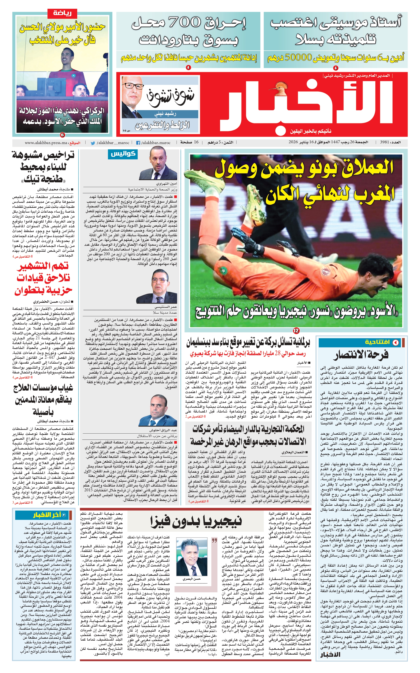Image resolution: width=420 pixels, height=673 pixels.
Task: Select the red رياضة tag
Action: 63,13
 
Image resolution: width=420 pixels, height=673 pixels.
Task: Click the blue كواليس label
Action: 123,154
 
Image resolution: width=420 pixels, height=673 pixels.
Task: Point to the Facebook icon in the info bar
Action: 138,143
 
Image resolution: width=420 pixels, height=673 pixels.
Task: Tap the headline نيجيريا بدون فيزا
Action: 196,521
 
